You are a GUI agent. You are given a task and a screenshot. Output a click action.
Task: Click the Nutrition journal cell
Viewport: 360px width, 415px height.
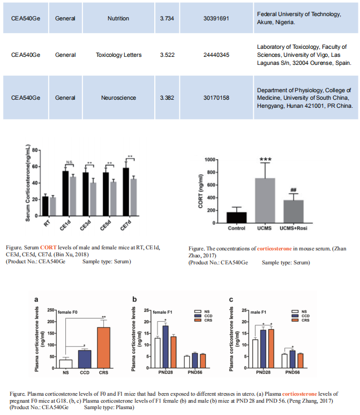click(118, 18)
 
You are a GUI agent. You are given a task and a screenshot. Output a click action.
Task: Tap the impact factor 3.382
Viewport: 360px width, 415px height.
click(168, 98)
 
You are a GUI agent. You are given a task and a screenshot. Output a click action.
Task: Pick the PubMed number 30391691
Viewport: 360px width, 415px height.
click(216, 18)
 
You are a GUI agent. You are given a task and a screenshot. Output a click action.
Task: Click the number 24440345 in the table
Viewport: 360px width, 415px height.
click(216, 55)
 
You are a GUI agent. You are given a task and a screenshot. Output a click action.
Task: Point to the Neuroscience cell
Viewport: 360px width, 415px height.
click(118, 98)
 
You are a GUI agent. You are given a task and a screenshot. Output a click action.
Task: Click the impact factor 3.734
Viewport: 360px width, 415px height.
click(168, 18)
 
